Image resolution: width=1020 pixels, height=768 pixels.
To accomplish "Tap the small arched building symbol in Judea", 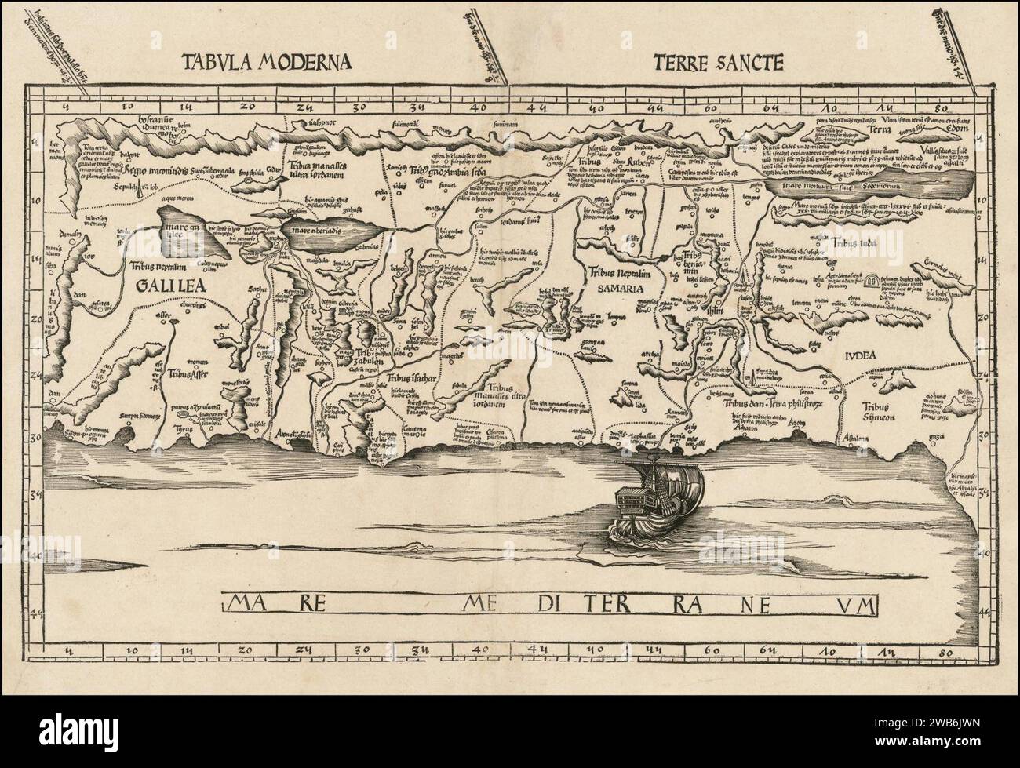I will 871,280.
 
